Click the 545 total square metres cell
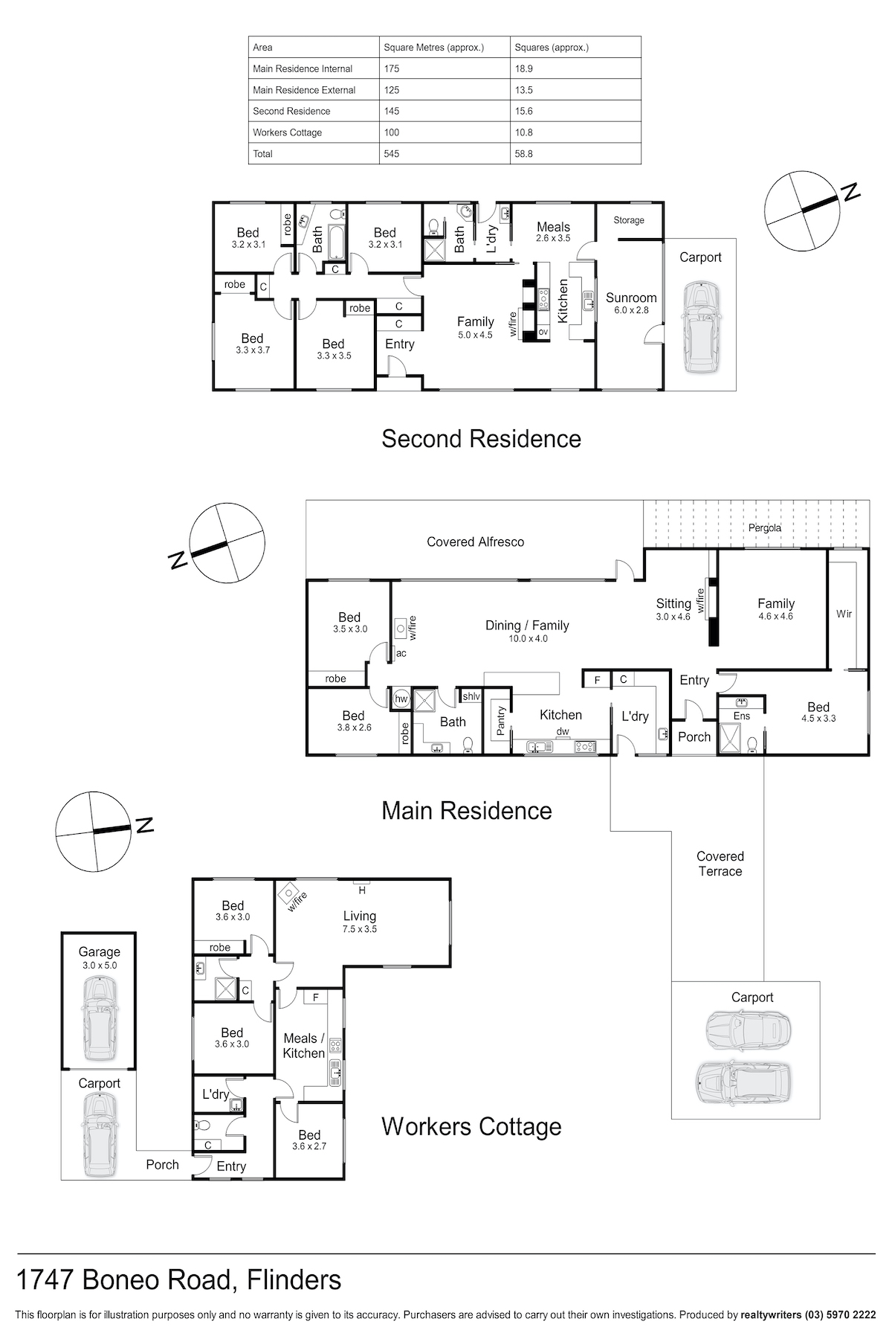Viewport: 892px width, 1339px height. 392,154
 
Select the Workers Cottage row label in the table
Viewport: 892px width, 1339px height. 287,132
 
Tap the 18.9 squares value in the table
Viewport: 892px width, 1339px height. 523,68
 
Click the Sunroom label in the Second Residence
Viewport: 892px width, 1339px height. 631,298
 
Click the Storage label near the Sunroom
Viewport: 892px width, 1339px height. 629,220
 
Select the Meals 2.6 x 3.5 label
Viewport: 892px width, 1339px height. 553,232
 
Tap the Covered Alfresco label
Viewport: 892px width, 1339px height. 475,542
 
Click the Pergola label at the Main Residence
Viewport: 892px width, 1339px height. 765,528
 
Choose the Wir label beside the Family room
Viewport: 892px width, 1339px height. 844,614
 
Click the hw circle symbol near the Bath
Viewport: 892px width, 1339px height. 401,699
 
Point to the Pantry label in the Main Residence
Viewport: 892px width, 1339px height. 500,721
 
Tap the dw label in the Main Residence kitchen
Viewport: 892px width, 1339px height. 563,731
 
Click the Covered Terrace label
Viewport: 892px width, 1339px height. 720,864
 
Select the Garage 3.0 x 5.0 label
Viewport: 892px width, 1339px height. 99,957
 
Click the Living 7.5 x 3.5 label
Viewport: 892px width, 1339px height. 360,922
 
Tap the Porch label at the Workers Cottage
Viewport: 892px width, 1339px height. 162,1164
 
